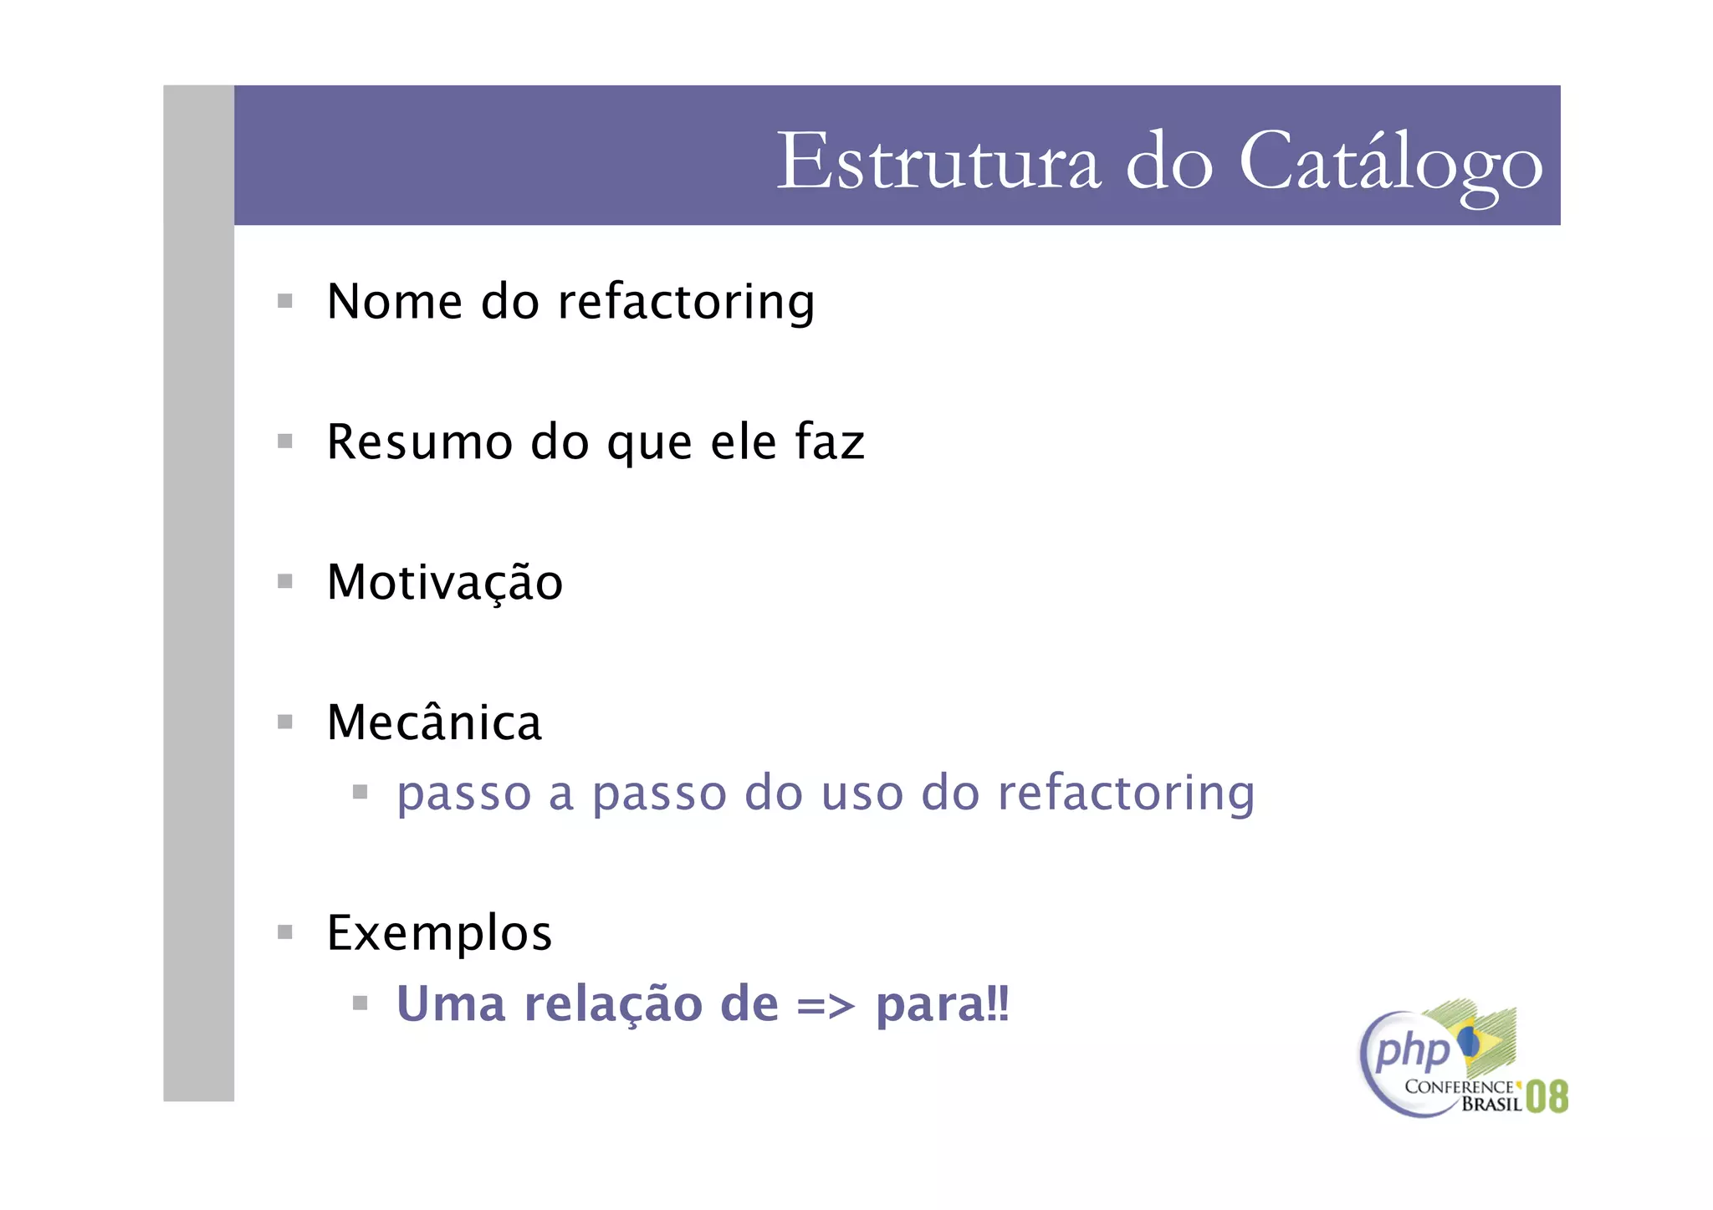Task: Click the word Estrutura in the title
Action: [x=938, y=161]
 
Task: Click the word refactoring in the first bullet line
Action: [x=686, y=303]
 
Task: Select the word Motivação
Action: [x=445, y=583]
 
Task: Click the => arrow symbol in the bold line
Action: [x=826, y=1004]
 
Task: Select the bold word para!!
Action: [x=943, y=1004]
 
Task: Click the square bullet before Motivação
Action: [x=285, y=581]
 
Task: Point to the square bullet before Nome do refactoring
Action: [x=285, y=301]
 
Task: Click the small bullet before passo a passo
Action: [x=360, y=792]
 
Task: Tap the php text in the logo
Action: [x=1414, y=1051]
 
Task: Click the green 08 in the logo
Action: [x=1547, y=1096]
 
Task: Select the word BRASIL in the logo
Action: [x=1491, y=1105]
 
